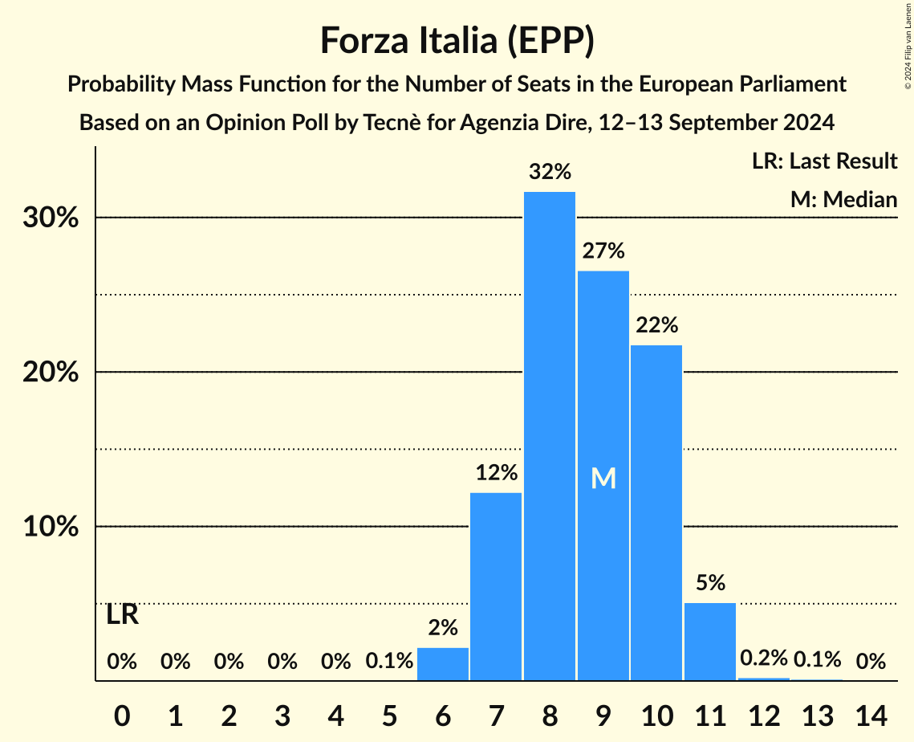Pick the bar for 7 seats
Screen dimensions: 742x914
pos(496,586)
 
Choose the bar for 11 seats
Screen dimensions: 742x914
pos(710,642)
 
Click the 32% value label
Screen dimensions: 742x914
pos(550,171)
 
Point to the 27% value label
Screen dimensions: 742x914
pos(603,251)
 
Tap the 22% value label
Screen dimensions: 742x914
pos(656,325)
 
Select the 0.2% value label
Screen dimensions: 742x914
pos(763,659)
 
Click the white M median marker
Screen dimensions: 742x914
pos(603,479)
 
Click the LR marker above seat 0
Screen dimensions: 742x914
pos(122,616)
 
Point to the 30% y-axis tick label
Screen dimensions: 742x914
pos(51,218)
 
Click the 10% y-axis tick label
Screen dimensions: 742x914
pos(51,527)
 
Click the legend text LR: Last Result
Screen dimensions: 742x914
pos(824,161)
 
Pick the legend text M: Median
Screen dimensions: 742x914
pos(843,199)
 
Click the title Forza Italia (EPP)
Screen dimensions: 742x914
pos(457,41)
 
